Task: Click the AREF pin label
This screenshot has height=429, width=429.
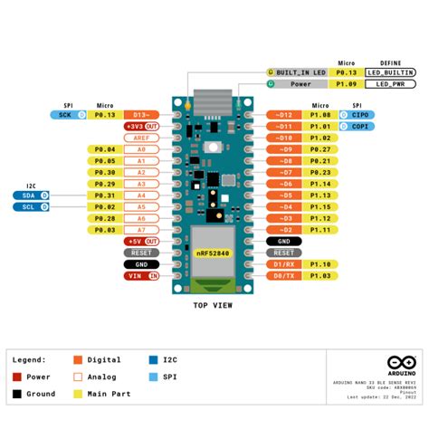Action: [141, 138]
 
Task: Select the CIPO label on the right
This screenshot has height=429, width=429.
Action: [357, 115]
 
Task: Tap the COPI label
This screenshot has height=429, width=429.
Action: [357, 127]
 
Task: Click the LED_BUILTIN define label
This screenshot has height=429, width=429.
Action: [390, 71]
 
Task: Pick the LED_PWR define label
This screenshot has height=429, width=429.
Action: [390, 83]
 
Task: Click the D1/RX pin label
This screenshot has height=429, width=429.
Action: [283, 264]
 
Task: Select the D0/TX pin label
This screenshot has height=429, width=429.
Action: [283, 275]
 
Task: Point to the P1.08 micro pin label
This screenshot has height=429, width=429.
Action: [320, 115]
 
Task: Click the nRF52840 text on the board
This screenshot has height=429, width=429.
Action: [213, 254]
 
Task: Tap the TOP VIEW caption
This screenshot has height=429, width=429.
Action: [213, 306]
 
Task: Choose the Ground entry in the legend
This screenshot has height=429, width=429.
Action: [40, 394]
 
